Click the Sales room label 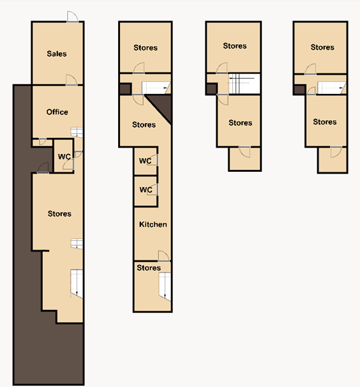point(57,54)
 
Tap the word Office point(57,112)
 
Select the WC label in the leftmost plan point(64,157)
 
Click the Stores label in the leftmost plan point(59,214)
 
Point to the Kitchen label point(153,224)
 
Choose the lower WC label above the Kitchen point(146,190)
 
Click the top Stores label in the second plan point(146,48)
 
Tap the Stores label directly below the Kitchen point(149,268)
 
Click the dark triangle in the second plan point(162,106)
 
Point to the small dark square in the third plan point(211,89)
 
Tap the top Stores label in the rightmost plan point(322,47)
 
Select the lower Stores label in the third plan point(240,123)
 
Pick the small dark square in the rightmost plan point(299,89)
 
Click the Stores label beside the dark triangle point(144,125)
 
